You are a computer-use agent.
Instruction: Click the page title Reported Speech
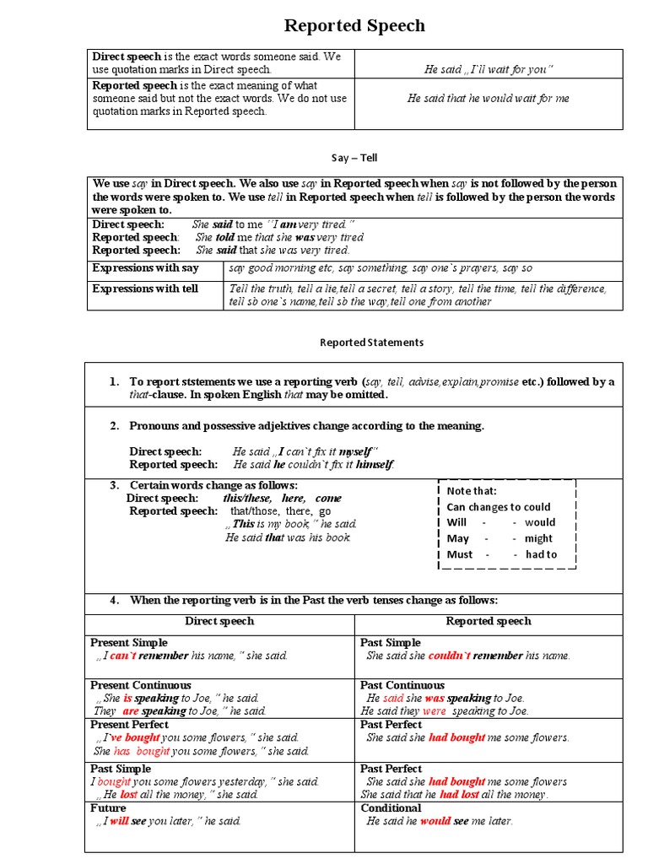click(x=354, y=26)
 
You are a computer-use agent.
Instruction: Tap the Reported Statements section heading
click(x=371, y=343)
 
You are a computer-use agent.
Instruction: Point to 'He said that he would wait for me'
click(x=489, y=99)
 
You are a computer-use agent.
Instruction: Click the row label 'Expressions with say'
click(x=145, y=267)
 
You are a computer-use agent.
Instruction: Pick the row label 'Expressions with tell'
click(x=145, y=289)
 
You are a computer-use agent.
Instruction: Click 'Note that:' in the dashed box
click(x=472, y=491)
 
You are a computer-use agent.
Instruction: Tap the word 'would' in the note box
click(x=540, y=522)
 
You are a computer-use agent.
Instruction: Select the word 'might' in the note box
click(x=538, y=538)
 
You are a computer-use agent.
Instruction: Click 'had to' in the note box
click(x=541, y=554)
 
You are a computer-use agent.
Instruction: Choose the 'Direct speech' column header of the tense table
click(x=219, y=621)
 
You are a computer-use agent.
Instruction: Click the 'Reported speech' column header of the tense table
click(x=489, y=621)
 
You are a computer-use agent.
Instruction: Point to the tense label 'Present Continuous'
click(x=141, y=685)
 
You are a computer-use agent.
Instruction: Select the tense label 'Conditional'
click(x=391, y=807)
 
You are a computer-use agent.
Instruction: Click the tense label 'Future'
click(x=108, y=807)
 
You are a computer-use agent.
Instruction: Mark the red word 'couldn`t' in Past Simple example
click(x=449, y=656)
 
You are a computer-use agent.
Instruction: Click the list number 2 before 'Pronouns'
click(x=114, y=426)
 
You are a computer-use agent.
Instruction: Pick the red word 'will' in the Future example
click(x=119, y=821)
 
